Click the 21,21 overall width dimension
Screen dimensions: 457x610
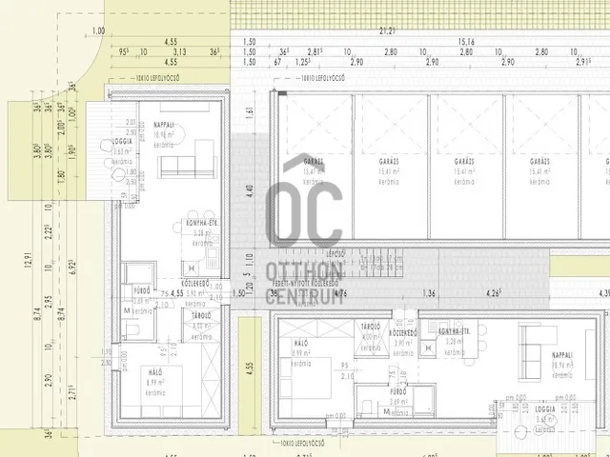tap(387, 31)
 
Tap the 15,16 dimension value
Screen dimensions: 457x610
tap(467, 42)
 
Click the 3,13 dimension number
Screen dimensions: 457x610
tap(181, 52)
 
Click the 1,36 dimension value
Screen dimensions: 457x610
tap(431, 293)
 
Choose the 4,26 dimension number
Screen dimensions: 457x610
tap(494, 293)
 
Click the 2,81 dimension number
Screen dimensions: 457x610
tap(315, 52)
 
